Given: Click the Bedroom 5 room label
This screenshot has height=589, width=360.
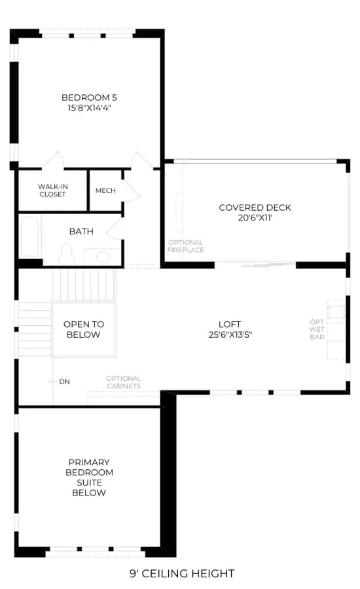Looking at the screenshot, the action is point(89,98).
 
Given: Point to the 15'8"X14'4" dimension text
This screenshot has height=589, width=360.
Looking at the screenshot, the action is point(90,108).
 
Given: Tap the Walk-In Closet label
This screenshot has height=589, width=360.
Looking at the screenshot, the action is point(52,190).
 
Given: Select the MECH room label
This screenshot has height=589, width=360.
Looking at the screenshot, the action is point(105,191).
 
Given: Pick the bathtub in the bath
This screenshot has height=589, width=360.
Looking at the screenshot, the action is point(29,237).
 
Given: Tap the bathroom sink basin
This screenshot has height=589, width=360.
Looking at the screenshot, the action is point(103,257).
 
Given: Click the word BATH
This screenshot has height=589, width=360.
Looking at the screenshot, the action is point(81,232).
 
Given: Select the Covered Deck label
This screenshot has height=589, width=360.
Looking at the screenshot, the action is point(255,207).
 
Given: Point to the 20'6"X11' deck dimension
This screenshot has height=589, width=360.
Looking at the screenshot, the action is point(255,217).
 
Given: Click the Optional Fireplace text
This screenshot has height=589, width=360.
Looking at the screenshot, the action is point(186,246).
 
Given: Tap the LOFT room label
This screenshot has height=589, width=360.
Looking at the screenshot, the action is point(230,324).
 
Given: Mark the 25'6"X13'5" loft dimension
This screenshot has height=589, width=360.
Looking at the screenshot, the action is point(230,334).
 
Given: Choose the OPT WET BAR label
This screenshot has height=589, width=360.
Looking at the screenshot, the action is point(317,329).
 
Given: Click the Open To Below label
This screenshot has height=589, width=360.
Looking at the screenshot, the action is point(83,329).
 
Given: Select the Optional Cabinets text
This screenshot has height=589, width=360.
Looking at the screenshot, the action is point(124,382).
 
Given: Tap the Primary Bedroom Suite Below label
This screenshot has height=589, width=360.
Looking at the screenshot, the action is point(89,478).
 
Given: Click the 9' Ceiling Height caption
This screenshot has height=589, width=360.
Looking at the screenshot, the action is point(182,573).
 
